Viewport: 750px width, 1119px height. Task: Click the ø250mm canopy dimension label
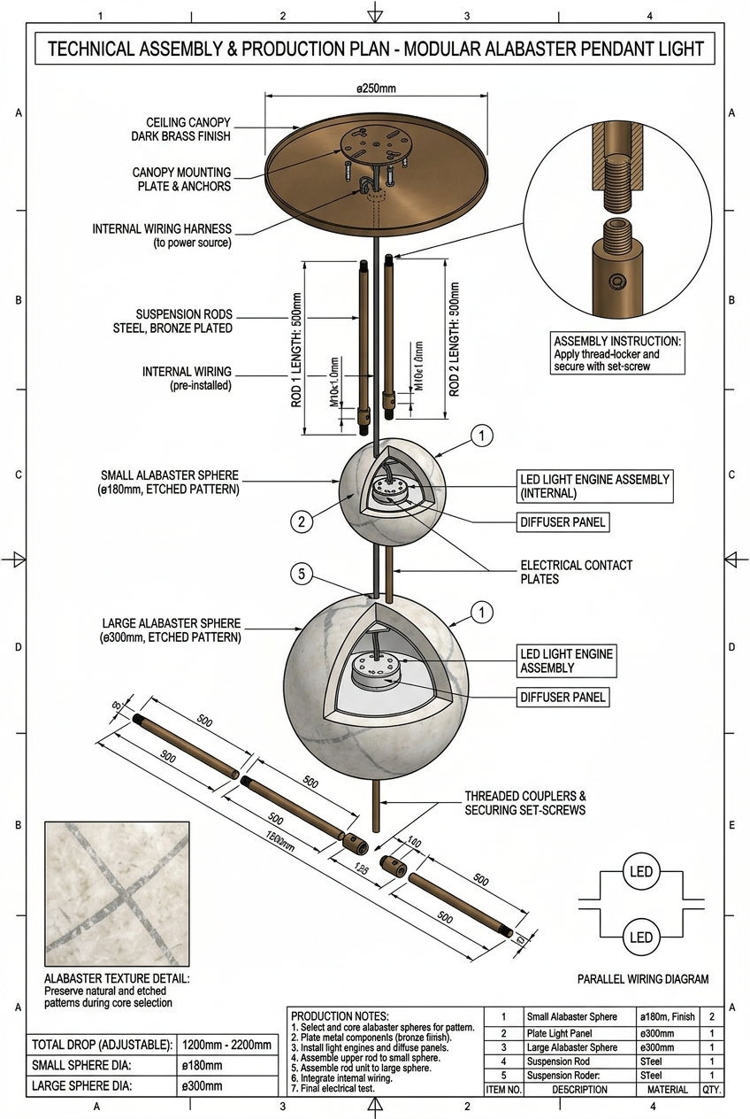tap(375, 89)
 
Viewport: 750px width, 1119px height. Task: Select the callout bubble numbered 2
tap(302, 522)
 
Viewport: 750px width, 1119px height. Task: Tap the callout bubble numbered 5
tap(302, 575)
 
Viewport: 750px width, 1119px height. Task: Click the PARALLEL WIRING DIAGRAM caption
tap(643, 979)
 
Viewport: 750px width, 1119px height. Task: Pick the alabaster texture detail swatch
tap(117, 893)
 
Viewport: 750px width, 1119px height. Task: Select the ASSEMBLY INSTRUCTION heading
tap(618, 341)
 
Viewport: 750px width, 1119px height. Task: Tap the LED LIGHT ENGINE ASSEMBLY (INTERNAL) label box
tap(594, 486)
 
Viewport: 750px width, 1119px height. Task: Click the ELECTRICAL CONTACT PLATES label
tap(577, 572)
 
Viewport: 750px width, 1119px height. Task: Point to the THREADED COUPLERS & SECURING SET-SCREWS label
tap(525, 803)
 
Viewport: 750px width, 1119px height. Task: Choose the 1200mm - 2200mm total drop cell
tap(226, 1045)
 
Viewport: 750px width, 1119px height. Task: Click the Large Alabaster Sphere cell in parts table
tap(572, 1047)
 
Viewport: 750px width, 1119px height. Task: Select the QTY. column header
tap(712, 1090)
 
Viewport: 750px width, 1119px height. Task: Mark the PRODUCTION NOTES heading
tap(340, 1015)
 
